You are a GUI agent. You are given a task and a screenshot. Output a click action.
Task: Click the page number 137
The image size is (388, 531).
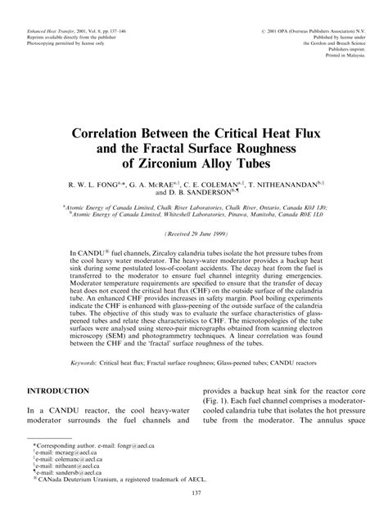(193, 515)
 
